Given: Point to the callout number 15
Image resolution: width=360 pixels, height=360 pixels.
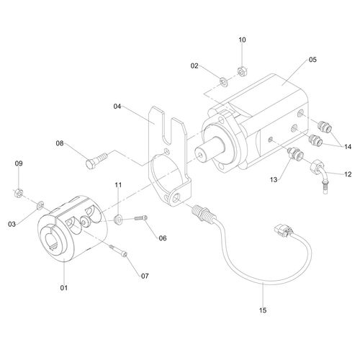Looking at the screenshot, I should (x=263, y=310).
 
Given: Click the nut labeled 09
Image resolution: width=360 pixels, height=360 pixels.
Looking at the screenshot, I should (x=19, y=192).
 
